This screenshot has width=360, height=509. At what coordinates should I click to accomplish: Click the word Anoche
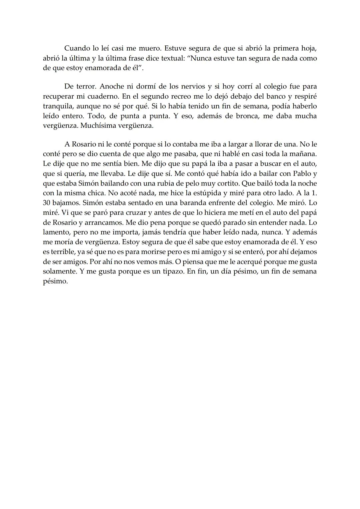(112, 87)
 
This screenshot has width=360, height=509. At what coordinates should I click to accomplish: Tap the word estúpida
(209, 193)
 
